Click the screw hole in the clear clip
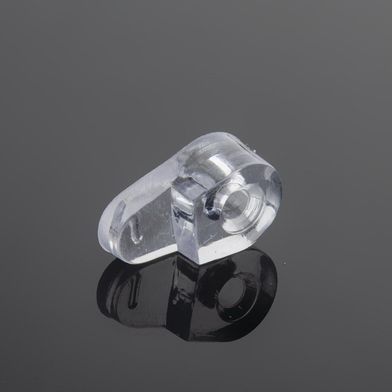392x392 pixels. pos(241,200)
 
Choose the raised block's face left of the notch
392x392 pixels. pos(189,216)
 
